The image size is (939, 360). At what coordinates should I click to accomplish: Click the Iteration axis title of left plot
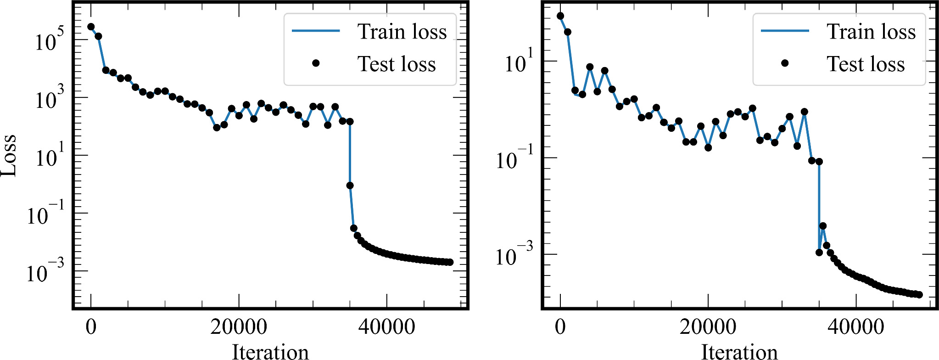pos(270,352)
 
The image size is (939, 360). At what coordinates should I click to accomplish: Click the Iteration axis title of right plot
pos(739,352)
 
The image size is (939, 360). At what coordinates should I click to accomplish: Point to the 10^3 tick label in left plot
pos(49,98)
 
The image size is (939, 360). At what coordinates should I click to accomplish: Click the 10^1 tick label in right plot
pos(519,62)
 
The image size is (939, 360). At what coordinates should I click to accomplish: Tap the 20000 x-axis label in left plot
pos(239,327)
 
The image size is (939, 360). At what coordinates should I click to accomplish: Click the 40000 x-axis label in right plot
pos(855,327)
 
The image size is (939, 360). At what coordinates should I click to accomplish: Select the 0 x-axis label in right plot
pos(560,327)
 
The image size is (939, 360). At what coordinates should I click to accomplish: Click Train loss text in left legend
pos(402,32)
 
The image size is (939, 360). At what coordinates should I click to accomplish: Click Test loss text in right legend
pos(866,64)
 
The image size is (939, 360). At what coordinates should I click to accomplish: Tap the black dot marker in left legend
pos(316,63)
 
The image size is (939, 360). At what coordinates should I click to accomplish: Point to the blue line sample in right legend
pos(785,31)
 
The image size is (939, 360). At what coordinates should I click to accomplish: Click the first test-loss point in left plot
pos(91,27)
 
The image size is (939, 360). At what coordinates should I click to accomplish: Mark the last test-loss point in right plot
pos(919,294)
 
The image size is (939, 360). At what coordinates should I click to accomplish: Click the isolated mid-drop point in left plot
pos(350,186)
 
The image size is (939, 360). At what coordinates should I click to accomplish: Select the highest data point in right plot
pos(560,16)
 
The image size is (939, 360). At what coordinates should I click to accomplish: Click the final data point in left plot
pos(450,262)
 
